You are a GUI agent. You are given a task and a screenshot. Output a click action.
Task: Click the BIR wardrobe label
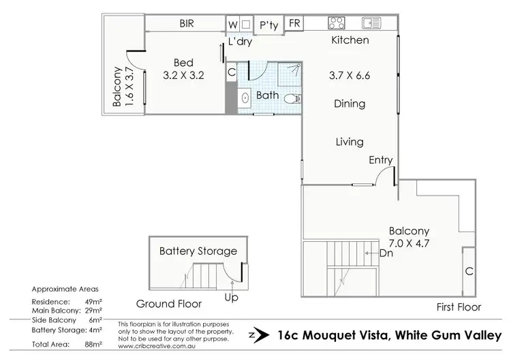187,23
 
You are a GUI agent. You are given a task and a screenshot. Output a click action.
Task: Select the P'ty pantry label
269,26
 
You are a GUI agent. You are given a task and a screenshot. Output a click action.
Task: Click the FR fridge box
294,24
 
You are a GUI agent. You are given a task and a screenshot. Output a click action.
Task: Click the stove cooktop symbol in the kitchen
337,22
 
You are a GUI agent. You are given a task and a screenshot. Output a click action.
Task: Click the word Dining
350,104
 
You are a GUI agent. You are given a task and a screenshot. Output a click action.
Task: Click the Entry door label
380,160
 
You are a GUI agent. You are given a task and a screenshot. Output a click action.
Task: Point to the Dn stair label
386,253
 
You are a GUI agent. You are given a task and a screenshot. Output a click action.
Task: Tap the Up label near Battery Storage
232,297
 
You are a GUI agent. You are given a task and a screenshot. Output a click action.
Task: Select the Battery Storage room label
198,251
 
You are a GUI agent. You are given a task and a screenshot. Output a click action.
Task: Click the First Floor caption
459,307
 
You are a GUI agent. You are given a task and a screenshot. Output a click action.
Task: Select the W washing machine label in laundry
233,24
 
